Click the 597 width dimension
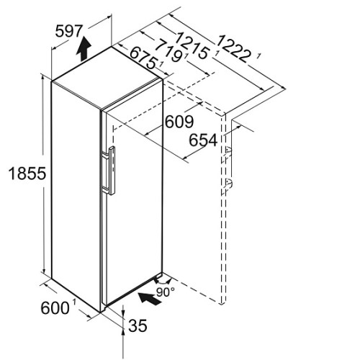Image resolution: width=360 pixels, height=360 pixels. tap(69, 31)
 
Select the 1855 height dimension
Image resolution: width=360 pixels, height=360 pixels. tap(27, 174)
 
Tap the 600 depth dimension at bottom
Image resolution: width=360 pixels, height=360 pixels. tap(55, 308)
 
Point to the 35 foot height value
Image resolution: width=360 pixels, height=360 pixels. tap(138, 325)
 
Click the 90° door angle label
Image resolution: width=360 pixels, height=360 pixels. tap(166, 292)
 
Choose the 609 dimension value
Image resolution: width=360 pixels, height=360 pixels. tap(179, 122)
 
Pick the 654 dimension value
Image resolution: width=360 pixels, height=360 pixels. tap(203, 140)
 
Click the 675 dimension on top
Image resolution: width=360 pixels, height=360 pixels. tap(143, 58)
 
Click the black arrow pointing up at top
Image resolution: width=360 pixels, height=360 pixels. tap(84, 49)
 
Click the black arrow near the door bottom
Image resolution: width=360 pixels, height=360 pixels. tap(150, 298)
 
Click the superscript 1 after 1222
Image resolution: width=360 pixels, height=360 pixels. tap(258, 57)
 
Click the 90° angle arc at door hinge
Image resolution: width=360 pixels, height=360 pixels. tap(163, 282)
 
